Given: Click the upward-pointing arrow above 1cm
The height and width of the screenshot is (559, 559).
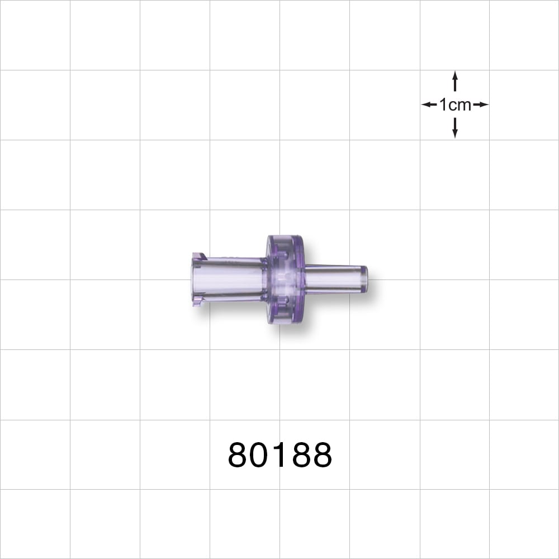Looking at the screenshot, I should pos(455,82).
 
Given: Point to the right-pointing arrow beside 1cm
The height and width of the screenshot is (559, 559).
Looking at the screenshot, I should pos(481,105).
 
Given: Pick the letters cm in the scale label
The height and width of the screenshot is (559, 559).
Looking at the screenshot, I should pos(460,105).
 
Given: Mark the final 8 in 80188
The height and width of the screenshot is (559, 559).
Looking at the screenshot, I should pos(321,455).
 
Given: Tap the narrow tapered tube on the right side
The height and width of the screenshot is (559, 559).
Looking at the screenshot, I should pos(333,279).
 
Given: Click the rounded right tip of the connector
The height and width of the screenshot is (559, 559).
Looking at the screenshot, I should pos(364,279).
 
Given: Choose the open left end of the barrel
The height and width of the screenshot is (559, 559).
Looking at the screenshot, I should pos(194,279).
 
